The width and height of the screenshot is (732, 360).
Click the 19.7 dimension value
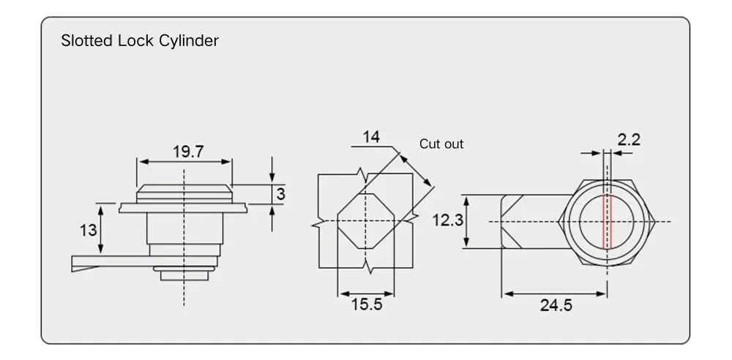pyautogui.click(x=188, y=151)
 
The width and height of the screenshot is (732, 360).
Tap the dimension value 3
pyautogui.click(x=280, y=195)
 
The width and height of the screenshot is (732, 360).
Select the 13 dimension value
pyautogui.click(x=88, y=230)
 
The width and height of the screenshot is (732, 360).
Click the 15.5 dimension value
pyautogui.click(x=366, y=304)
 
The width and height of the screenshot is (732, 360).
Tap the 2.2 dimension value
pyautogui.click(x=629, y=139)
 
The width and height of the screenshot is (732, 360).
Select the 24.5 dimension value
pyautogui.click(x=556, y=306)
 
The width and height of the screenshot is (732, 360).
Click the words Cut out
pyautogui.click(x=441, y=144)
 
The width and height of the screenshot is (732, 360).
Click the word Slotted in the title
pyautogui.click(x=87, y=41)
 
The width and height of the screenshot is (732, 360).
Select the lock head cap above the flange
pyautogui.click(x=184, y=193)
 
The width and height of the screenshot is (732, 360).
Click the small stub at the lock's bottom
pyautogui.click(x=184, y=274)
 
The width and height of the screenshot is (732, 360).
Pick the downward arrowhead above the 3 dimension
pyautogui.click(x=272, y=179)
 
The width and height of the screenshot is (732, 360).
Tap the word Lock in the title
pyautogui.click(x=136, y=41)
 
